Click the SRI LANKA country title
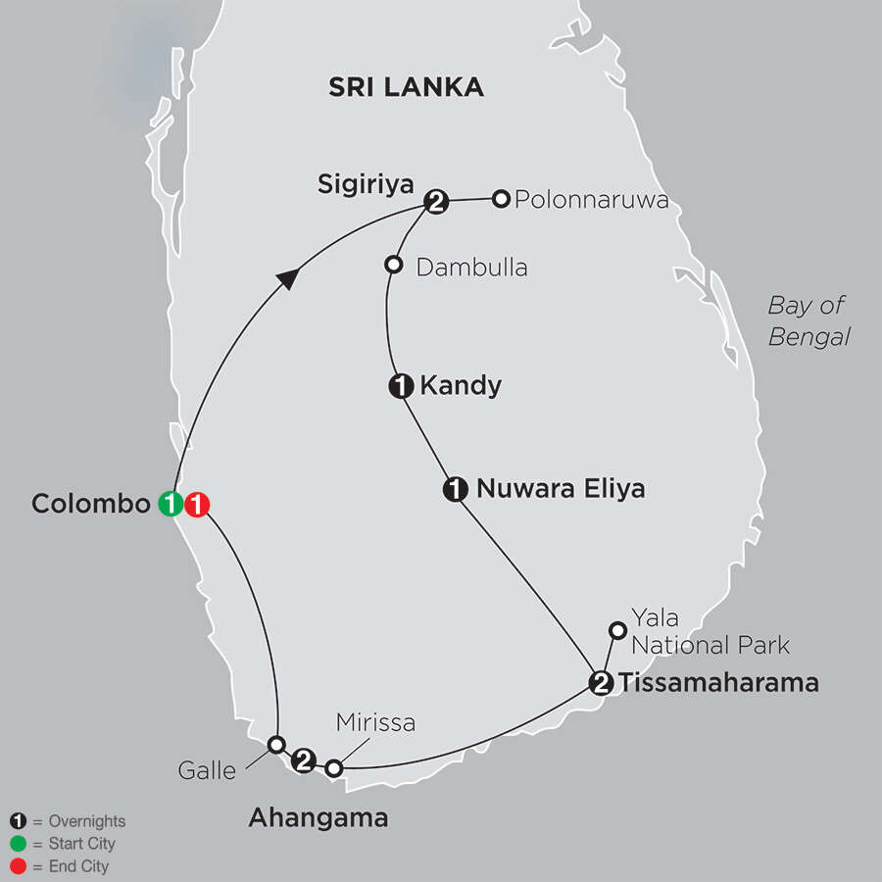click(x=406, y=87)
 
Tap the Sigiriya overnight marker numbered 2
click(x=436, y=203)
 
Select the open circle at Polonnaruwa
click(x=501, y=199)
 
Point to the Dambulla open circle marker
click(x=393, y=265)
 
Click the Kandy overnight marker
click(x=401, y=387)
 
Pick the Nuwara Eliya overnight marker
click(x=456, y=488)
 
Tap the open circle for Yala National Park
click(x=617, y=630)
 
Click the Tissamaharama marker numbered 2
click(x=601, y=682)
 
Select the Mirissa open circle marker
click(x=334, y=768)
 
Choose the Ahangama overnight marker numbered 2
click(x=305, y=759)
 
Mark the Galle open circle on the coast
click(x=276, y=744)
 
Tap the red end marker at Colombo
click(x=197, y=505)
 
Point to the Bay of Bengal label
click(x=808, y=320)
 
